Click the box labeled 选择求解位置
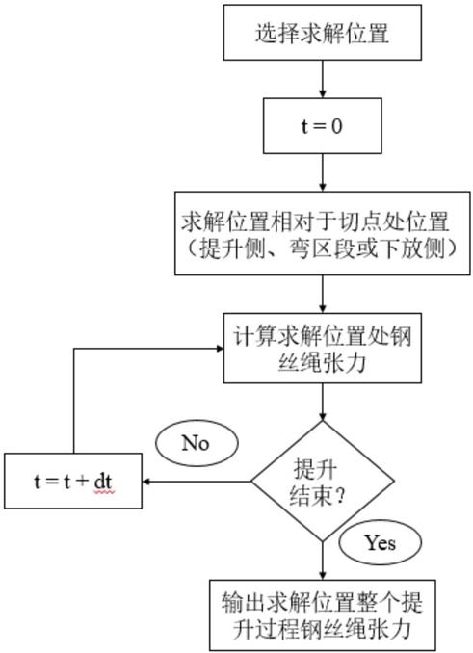point(323,33)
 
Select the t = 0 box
point(323,126)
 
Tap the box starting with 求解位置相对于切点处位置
point(323,233)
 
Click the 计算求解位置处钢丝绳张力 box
point(323,348)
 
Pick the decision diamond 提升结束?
point(323,482)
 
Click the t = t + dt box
point(73,481)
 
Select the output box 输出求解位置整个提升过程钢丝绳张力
point(323,614)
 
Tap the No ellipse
point(197,443)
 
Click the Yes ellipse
point(380,542)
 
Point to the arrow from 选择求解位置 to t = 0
point(323,79)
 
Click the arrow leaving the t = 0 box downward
point(323,172)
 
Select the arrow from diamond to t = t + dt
point(197,482)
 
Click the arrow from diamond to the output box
point(323,561)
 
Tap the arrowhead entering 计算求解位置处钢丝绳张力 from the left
point(220,348)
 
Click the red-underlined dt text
point(103,483)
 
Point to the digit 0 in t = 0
point(336,126)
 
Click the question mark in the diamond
point(341,497)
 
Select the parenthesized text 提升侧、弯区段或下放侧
point(323,249)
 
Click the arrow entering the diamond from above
point(323,403)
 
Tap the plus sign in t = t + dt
point(83,482)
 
